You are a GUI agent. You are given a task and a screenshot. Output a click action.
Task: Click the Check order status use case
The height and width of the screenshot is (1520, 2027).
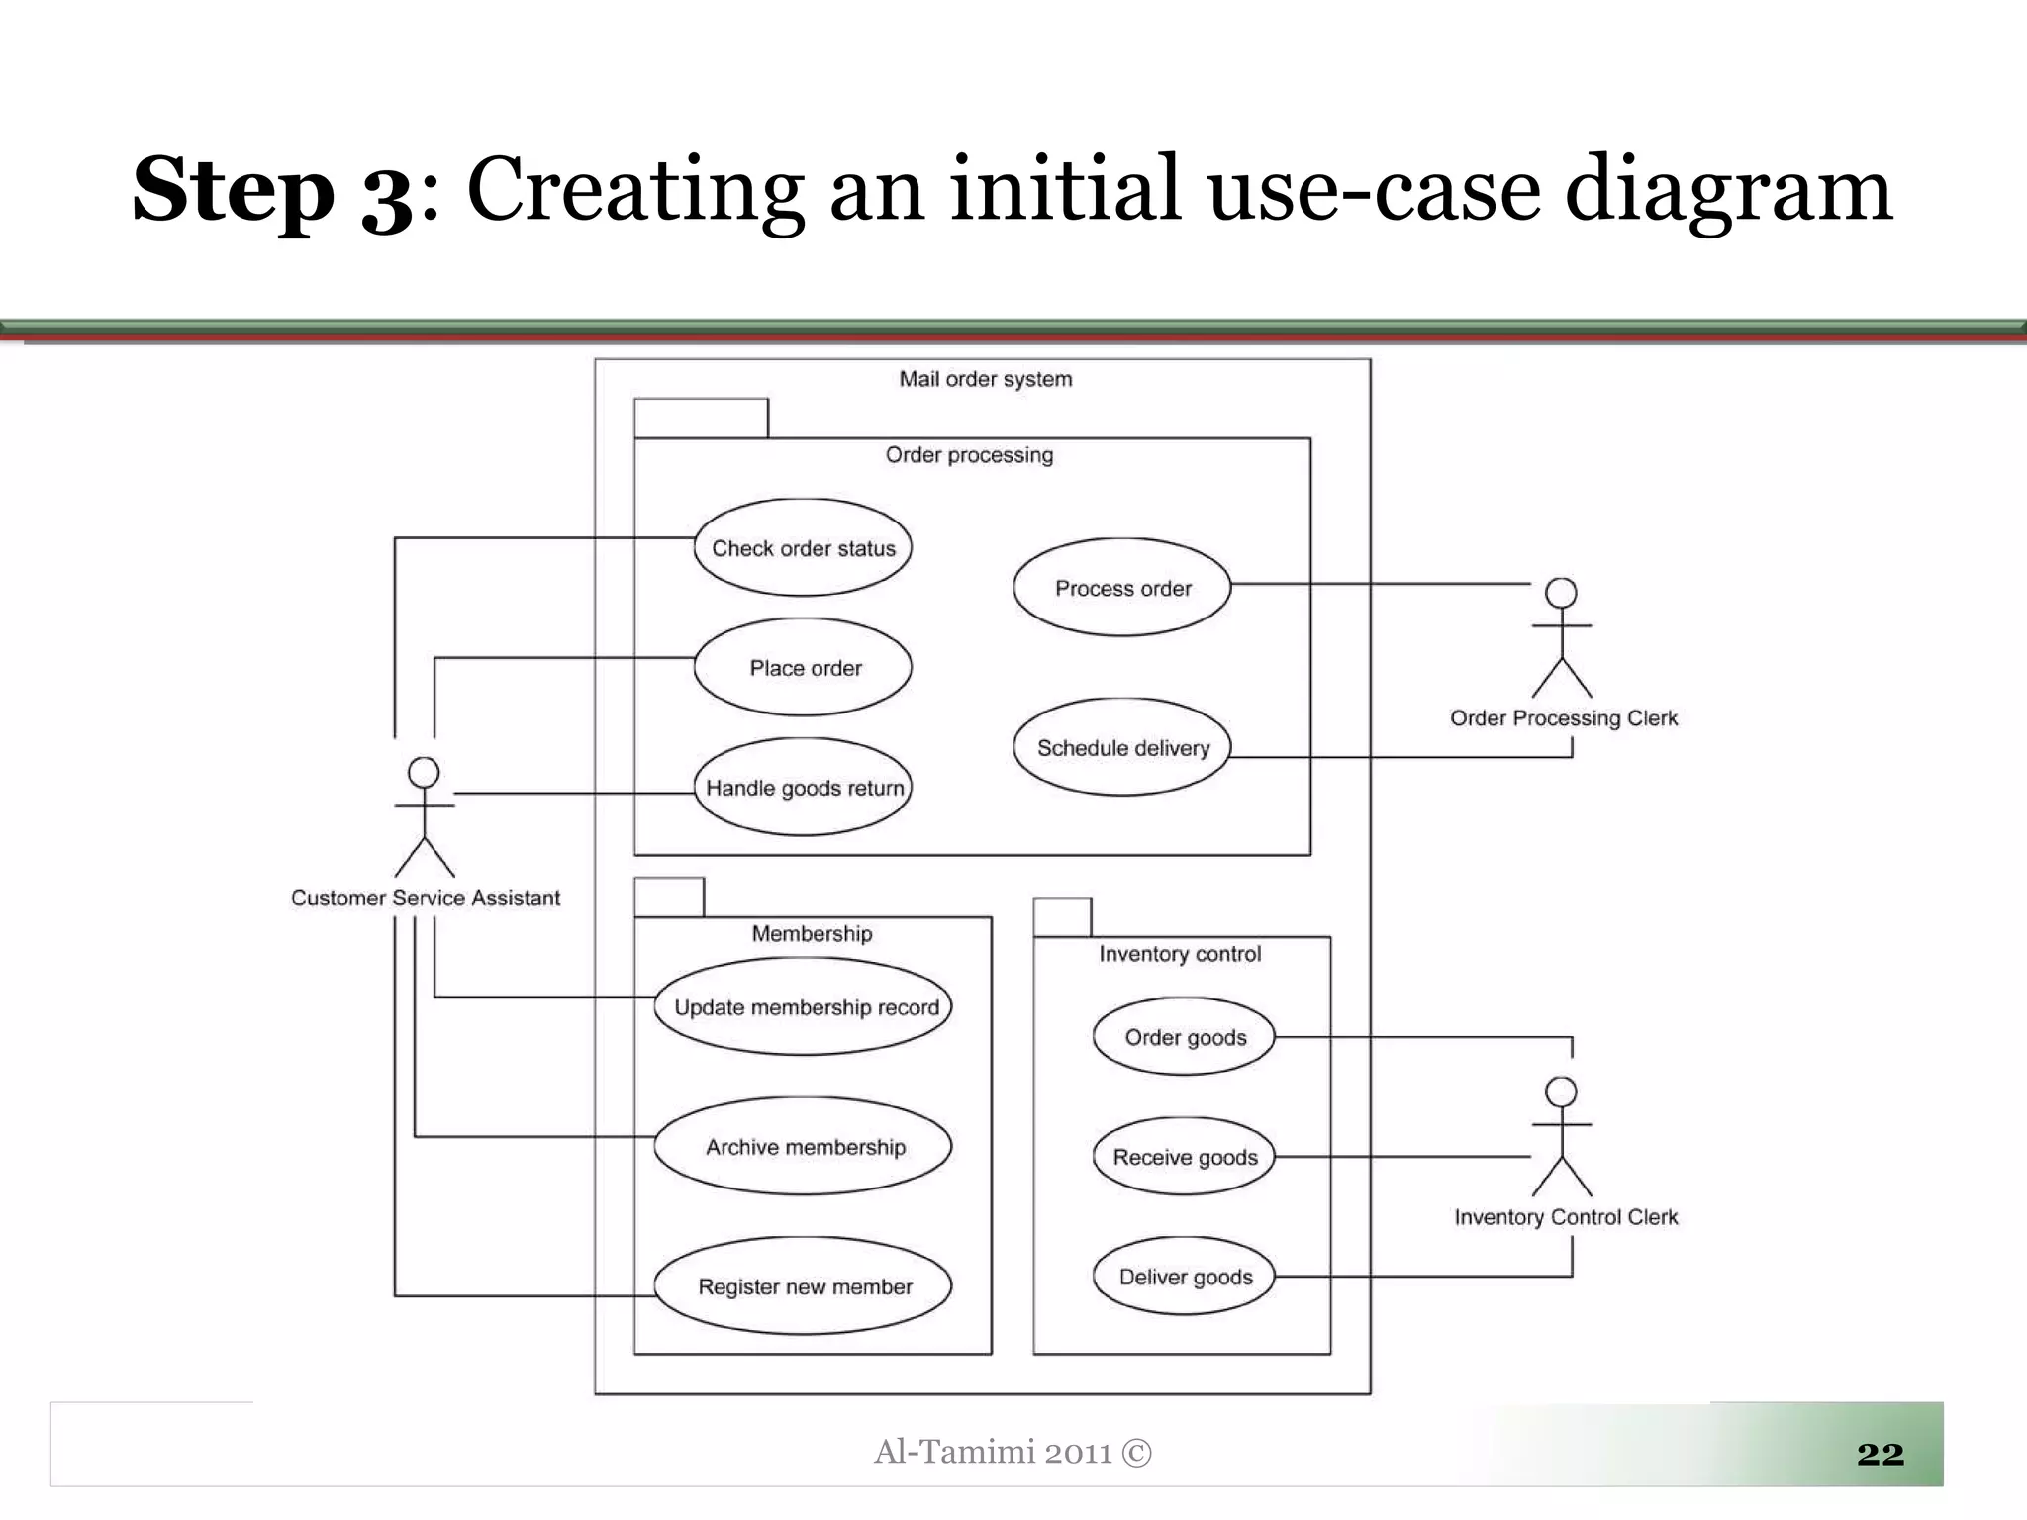(x=803, y=547)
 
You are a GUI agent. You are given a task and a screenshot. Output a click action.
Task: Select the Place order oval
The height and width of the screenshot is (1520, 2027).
(x=803, y=667)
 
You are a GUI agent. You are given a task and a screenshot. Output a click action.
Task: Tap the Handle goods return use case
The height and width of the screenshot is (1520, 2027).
(x=803, y=787)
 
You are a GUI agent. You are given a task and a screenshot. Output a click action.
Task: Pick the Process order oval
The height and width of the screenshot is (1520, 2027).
(x=1122, y=587)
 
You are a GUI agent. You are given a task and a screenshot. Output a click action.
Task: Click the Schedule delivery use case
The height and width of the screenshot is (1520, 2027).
(x=1122, y=747)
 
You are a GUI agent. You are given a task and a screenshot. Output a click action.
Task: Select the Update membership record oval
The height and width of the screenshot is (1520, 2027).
(x=803, y=1006)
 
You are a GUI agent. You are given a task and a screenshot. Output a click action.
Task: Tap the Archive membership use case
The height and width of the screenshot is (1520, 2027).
(x=803, y=1146)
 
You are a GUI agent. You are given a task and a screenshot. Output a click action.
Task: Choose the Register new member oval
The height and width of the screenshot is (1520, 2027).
(x=803, y=1285)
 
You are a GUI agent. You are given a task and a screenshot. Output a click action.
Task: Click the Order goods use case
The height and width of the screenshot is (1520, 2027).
(x=1185, y=1036)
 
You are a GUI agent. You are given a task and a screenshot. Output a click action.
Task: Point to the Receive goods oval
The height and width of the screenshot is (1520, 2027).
(x=1185, y=1156)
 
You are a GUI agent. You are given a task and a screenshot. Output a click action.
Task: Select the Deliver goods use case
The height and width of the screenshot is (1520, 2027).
(x=1185, y=1276)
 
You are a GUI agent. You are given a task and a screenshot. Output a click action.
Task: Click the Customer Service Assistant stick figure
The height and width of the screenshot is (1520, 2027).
(x=425, y=817)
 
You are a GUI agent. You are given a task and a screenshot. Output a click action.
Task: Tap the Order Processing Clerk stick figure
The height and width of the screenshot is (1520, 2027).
(x=1562, y=638)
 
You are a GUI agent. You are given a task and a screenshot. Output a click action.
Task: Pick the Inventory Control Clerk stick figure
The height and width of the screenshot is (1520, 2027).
(x=1562, y=1137)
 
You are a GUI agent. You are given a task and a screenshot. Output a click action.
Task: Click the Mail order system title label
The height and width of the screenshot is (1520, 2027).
(x=985, y=379)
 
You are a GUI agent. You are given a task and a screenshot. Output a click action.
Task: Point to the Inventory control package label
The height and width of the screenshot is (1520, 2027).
(x=1180, y=954)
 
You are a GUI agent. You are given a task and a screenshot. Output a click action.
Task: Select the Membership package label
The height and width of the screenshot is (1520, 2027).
(x=812, y=933)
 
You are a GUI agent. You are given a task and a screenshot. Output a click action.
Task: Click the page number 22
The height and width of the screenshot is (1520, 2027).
(x=1880, y=1453)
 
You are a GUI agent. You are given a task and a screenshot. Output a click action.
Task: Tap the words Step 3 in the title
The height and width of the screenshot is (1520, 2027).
(x=272, y=190)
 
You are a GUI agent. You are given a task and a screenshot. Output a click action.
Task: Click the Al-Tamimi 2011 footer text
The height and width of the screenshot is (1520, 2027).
(x=1013, y=1452)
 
